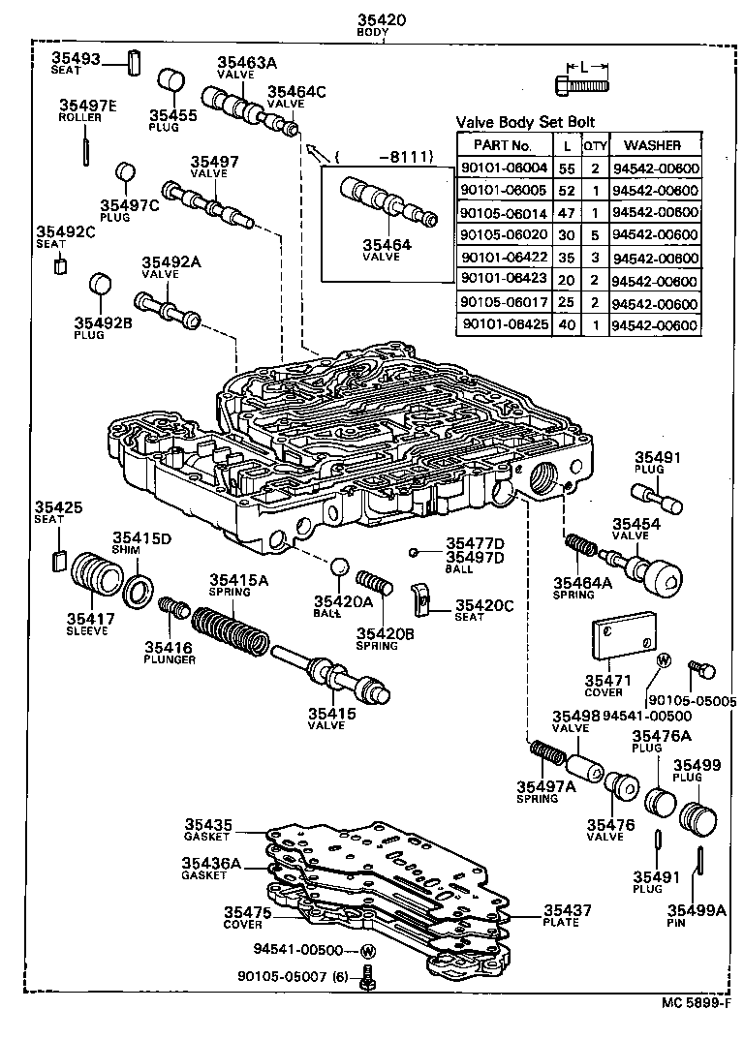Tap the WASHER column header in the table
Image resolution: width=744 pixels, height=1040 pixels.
(x=654, y=145)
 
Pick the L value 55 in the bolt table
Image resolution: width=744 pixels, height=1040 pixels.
(x=566, y=168)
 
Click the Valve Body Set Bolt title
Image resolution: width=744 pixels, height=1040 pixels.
(x=525, y=122)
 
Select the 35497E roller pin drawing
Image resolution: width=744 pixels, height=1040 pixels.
(x=87, y=149)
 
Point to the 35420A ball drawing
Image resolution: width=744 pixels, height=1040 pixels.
(x=338, y=566)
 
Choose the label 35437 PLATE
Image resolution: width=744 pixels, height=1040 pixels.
(x=567, y=916)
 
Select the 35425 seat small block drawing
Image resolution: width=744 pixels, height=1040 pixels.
(x=58, y=559)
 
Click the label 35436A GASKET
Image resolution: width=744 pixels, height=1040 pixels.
(x=208, y=868)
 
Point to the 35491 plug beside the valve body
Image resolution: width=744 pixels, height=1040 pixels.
(x=658, y=498)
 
